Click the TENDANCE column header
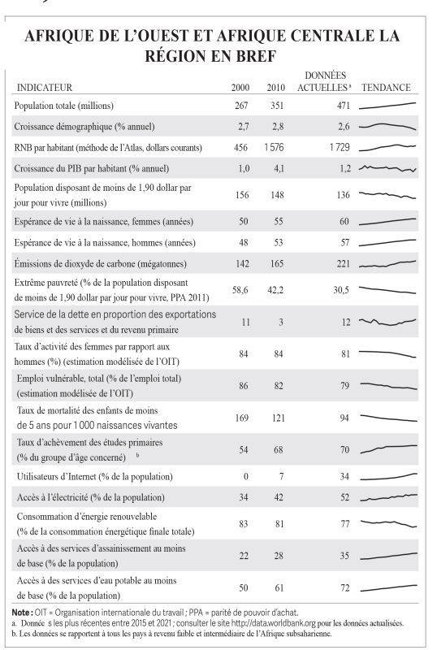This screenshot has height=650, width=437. pos(386,88)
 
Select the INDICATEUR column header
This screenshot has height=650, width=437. pos(45,88)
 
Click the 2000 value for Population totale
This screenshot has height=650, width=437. pos(241,106)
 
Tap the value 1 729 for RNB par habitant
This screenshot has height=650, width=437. pos(340,148)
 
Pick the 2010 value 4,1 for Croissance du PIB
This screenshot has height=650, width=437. pos(279,168)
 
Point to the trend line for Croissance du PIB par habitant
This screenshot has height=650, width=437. pos(387,168)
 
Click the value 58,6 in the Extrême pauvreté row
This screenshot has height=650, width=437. pos(240,290)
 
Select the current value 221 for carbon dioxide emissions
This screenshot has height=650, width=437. pos(344,263)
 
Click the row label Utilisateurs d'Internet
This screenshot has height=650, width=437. pos(94,477)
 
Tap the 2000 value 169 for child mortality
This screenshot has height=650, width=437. pos(242,418)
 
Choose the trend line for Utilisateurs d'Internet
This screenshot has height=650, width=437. pos(388,477)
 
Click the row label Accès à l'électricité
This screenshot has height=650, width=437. pos(90,497)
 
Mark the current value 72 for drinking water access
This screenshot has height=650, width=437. pos(345,587)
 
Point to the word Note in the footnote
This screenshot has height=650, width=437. pos(20,613)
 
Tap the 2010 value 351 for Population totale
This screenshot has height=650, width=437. pos(277,106)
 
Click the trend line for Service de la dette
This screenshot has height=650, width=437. pos(387,322)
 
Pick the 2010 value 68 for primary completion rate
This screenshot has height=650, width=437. pos(279,450)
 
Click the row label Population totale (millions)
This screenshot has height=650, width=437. pos(64,106)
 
